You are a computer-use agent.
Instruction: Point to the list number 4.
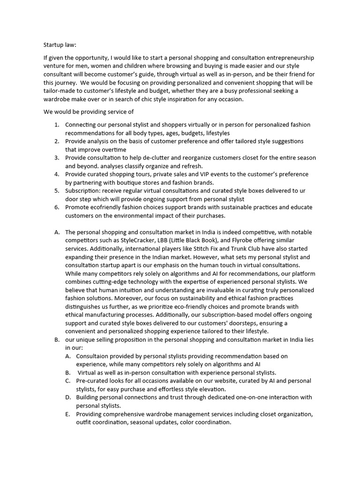56,174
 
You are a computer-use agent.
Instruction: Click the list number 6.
56,207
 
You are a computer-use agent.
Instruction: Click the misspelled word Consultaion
97,356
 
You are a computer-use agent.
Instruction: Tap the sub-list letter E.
68,414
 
